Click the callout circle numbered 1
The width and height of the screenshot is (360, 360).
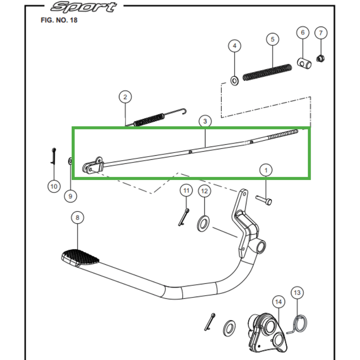coord(265,170)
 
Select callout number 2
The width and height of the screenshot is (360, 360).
coord(125,96)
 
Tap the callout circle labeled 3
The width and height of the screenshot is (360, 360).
coord(205,121)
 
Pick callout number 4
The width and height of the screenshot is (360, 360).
coord(234,45)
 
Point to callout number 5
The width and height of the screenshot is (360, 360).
coord(272,40)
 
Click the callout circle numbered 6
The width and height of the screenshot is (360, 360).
coord(302,33)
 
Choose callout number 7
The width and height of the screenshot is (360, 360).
coord(321,33)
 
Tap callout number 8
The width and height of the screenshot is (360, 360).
coord(77,218)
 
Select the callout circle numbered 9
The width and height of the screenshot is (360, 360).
coord(70,196)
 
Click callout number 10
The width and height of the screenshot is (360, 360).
coord(54,186)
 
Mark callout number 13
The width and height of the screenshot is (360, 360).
coord(297,293)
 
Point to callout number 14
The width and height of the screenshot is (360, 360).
coord(279,302)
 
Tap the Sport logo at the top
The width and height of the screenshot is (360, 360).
coord(84,7)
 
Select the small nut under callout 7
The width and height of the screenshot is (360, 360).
coord(321,58)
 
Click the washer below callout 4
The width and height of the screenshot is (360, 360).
coord(234,81)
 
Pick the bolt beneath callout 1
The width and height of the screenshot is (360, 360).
coord(264,200)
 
